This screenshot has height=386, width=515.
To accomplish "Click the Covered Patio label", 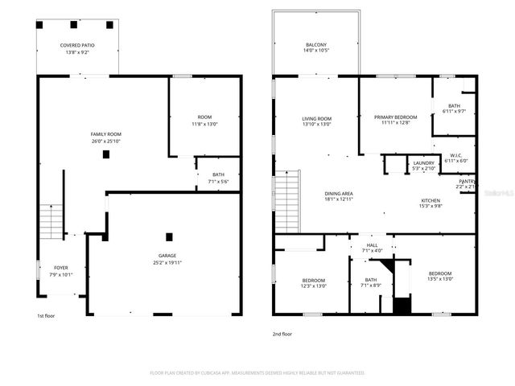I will coord(78,45).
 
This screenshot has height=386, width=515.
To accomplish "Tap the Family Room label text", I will coord(105,133).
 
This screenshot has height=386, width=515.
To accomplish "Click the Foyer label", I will coord(61,267).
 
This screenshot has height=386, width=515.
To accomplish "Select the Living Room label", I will coord(316,118).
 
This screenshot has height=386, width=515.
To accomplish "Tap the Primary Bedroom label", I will coord(395,117).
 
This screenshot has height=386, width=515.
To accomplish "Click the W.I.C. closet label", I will coord(455,155).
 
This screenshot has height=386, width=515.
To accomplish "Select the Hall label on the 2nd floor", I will coord(372,245).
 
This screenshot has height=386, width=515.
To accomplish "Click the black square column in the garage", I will coord(169,236).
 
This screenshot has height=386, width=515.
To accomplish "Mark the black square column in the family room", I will coord(105,154).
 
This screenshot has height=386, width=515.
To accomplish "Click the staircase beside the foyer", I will coord(51,222).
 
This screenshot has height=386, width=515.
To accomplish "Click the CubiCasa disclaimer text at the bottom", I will coord(257,373).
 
